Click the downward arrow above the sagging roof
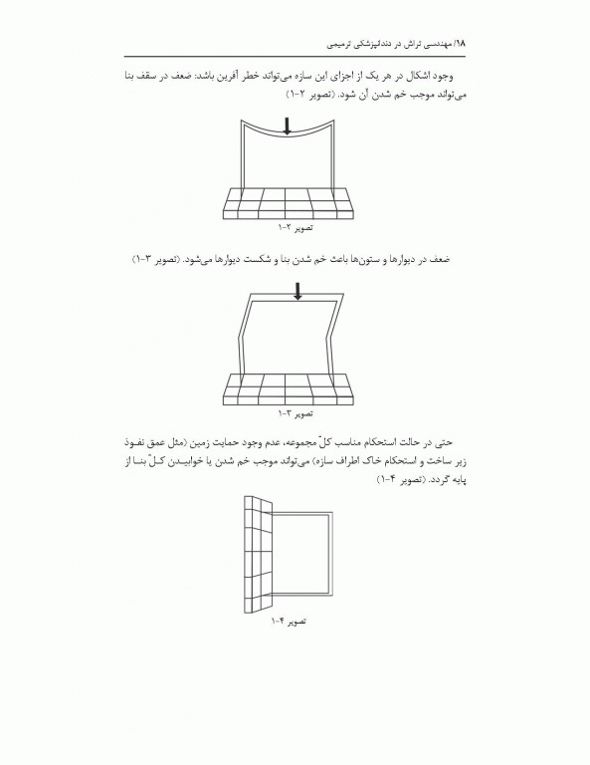[x=289, y=126]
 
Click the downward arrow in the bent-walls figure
[x=297, y=292]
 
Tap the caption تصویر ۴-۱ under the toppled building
[x=288, y=621]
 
